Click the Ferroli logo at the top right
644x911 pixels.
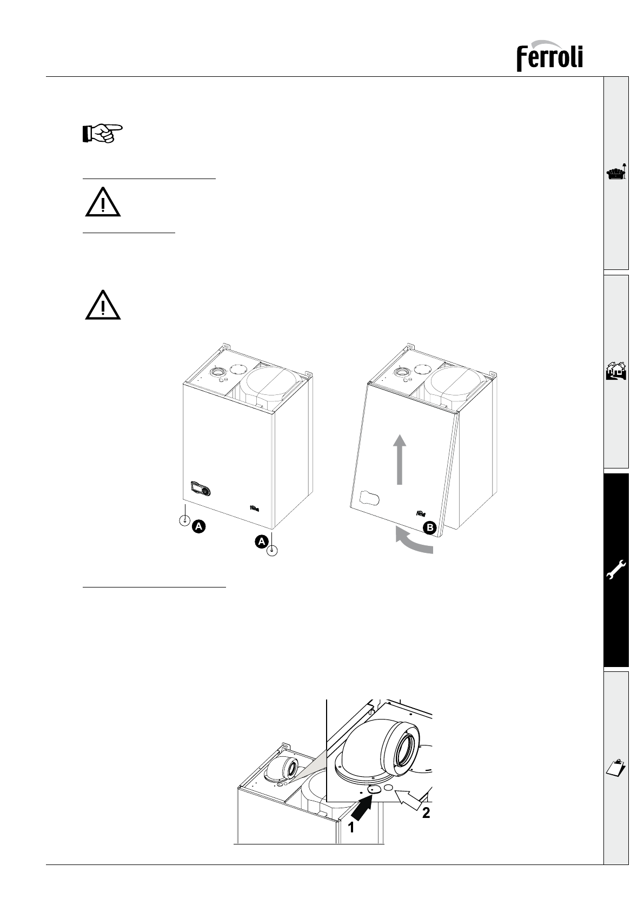tap(549, 55)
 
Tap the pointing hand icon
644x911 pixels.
tap(102, 133)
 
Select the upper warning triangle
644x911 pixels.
tap(102, 202)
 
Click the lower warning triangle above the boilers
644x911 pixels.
tap(102, 305)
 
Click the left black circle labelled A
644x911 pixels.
tap(198, 526)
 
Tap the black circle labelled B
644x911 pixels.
tap(429, 529)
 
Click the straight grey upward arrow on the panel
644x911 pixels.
tap(399, 459)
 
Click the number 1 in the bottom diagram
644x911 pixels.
tap(351, 827)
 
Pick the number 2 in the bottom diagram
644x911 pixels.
tap(426, 813)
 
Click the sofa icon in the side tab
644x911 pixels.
tap(616, 173)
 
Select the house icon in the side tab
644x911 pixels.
tap(616, 372)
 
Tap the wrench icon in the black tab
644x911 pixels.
tap(616, 569)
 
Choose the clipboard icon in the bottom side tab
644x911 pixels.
tap(616, 767)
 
